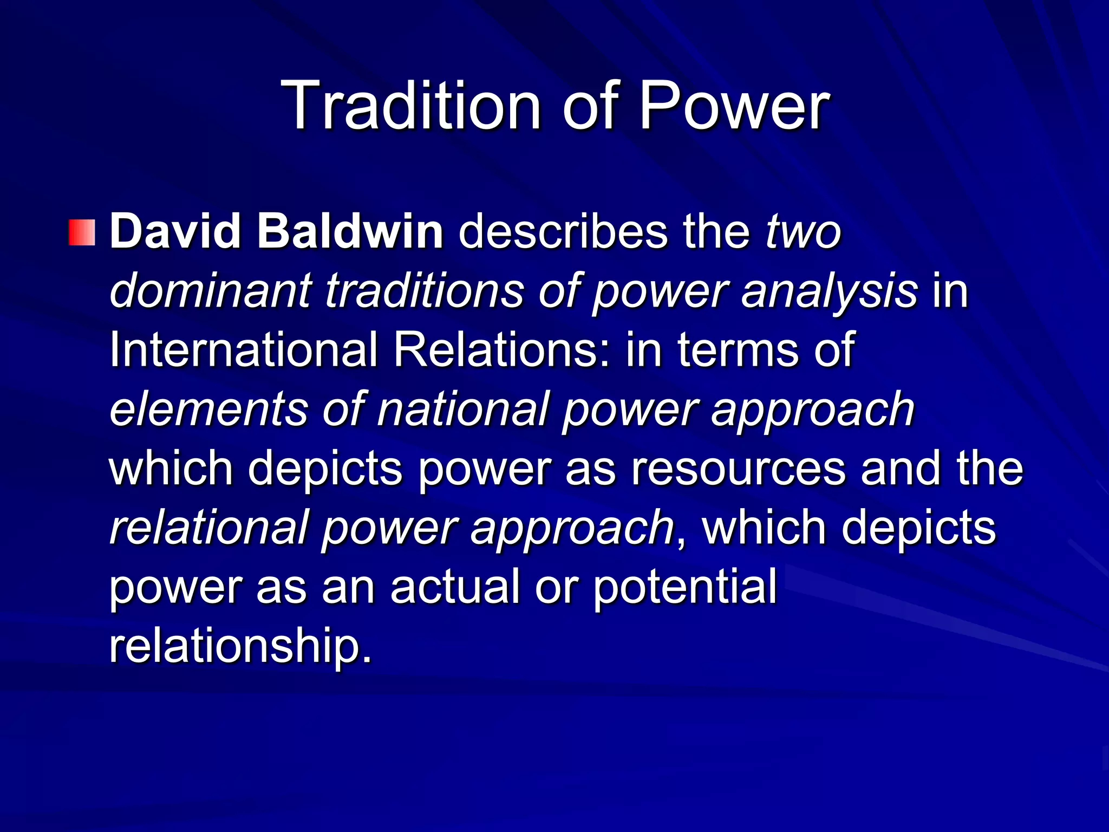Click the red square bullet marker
pyautogui.click(x=82, y=233)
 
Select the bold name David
pyautogui.click(x=175, y=232)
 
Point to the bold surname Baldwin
pyautogui.click(x=350, y=232)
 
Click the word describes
pyautogui.click(x=563, y=232)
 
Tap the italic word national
pyautogui.click(x=463, y=409)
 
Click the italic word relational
pyautogui.click(x=209, y=527)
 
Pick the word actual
pyautogui.click(x=455, y=587)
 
